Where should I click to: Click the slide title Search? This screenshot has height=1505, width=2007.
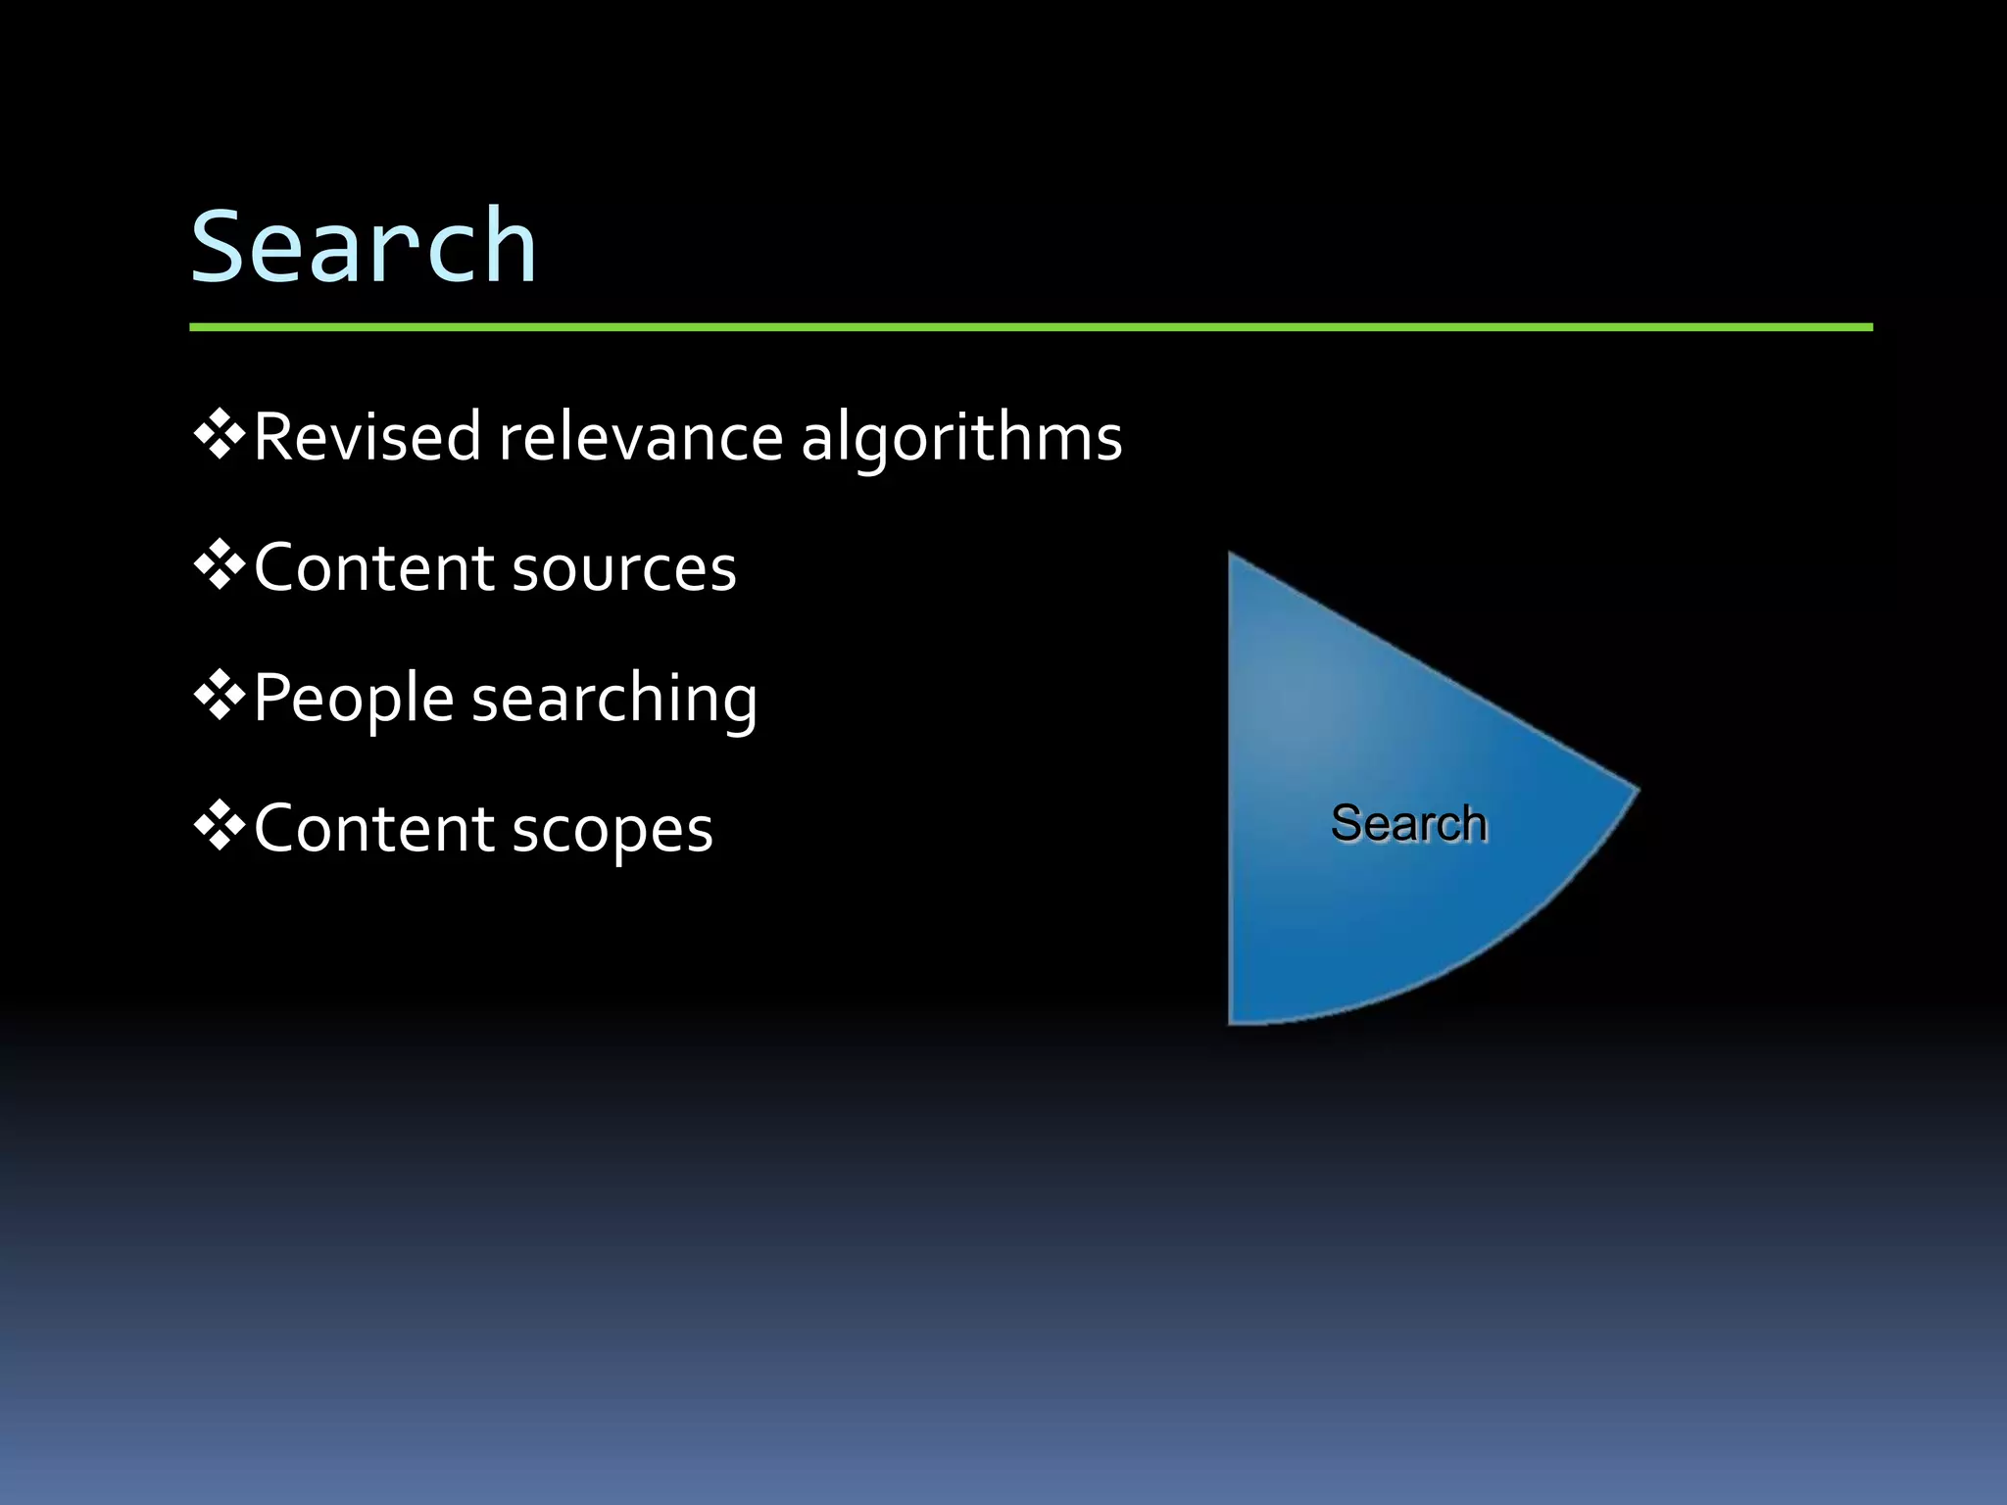pos(364,247)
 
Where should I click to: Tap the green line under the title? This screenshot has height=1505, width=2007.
pos(1029,327)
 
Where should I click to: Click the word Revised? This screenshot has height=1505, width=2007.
pos(367,437)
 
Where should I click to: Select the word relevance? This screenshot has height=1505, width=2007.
pos(641,437)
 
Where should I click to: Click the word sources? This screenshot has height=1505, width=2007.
pos(623,568)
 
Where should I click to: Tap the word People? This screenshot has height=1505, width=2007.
pos(353,700)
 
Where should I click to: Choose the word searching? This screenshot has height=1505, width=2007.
pos(614,700)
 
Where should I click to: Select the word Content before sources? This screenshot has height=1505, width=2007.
pos(372,568)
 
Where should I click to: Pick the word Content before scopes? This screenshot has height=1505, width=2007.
pos(372,830)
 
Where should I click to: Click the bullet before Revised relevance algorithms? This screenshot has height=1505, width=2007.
pos(219,434)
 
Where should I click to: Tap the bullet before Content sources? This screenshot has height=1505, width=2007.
pos(219,565)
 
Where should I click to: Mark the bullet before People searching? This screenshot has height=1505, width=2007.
pos(219,696)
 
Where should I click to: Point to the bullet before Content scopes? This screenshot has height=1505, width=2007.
pos(219,827)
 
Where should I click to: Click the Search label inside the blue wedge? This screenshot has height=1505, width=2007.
pos(1408,823)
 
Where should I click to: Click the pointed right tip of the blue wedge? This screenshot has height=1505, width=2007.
pos(1634,788)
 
